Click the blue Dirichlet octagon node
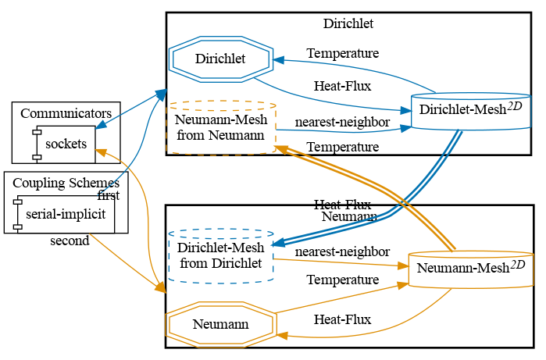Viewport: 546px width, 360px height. click(220, 59)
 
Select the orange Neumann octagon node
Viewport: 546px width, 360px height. click(220, 324)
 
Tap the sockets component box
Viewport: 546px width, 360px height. click(66, 144)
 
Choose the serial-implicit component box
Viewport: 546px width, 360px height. click(65, 213)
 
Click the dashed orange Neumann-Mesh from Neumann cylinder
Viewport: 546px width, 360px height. click(222, 127)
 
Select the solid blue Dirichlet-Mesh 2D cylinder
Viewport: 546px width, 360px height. click(471, 112)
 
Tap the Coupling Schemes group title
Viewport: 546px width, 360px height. click(66, 183)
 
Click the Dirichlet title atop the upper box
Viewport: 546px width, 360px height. click(348, 23)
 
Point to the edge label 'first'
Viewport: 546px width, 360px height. click(108, 195)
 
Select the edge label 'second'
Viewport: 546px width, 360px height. click(70, 241)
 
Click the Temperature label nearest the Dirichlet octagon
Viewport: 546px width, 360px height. click(342, 54)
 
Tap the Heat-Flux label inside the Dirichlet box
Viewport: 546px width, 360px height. click(342, 86)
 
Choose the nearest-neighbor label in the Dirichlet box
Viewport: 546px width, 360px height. click(342, 123)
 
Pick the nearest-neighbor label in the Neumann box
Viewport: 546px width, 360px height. click(342, 251)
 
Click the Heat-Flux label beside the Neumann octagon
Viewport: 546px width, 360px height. click(342, 319)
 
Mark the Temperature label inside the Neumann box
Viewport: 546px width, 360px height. click(342, 280)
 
